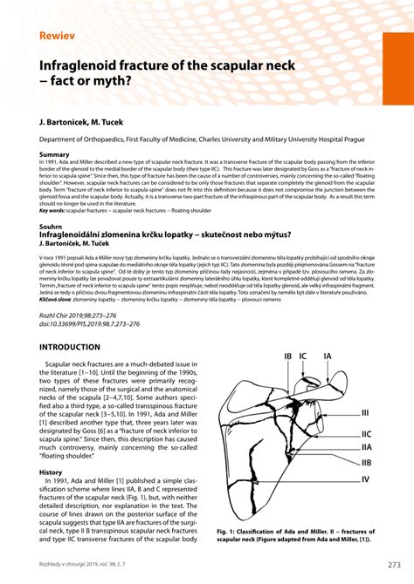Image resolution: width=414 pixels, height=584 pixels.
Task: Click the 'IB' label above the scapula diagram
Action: point(288,357)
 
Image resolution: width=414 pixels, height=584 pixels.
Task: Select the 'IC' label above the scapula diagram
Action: point(303,357)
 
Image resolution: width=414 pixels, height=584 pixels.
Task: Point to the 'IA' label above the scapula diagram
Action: point(328,357)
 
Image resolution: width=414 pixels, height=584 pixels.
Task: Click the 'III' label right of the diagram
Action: point(365,413)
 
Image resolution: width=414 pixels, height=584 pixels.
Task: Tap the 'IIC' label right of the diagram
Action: point(367,433)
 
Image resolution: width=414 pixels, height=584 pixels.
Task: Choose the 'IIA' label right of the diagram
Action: point(367,447)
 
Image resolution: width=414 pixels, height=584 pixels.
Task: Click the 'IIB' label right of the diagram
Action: point(367,463)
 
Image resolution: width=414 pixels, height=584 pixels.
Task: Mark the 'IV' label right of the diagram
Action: point(366,479)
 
